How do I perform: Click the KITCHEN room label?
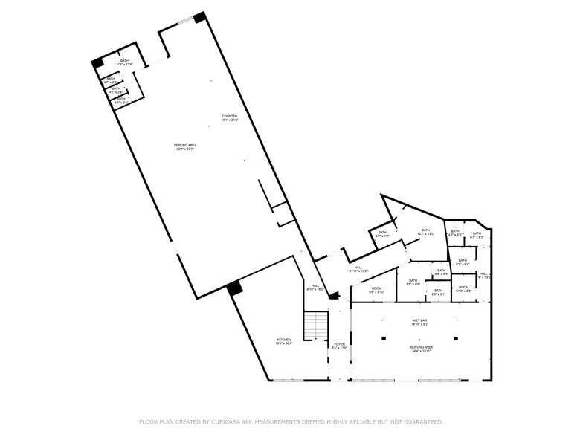coord(284,341)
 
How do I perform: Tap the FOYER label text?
coord(339,346)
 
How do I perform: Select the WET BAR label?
coord(420,322)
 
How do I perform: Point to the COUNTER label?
coord(230,117)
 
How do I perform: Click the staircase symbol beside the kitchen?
coord(316,326)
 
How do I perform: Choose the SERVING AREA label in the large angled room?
coord(184,146)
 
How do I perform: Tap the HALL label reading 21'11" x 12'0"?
coord(358,269)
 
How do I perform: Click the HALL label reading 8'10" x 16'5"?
coord(315,287)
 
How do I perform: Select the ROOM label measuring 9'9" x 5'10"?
coord(376,290)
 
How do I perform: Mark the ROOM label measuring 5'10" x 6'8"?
coord(463,288)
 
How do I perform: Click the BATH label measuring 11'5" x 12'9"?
coord(124,62)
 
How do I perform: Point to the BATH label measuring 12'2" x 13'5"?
coord(425,232)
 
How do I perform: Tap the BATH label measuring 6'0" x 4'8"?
coord(382,234)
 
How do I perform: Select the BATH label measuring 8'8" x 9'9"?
coord(413,282)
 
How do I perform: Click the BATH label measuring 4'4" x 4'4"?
coord(441,272)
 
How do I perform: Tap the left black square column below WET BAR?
coord(384,338)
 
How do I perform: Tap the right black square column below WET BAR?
coord(456,338)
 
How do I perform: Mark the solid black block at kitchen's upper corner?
coord(235,288)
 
